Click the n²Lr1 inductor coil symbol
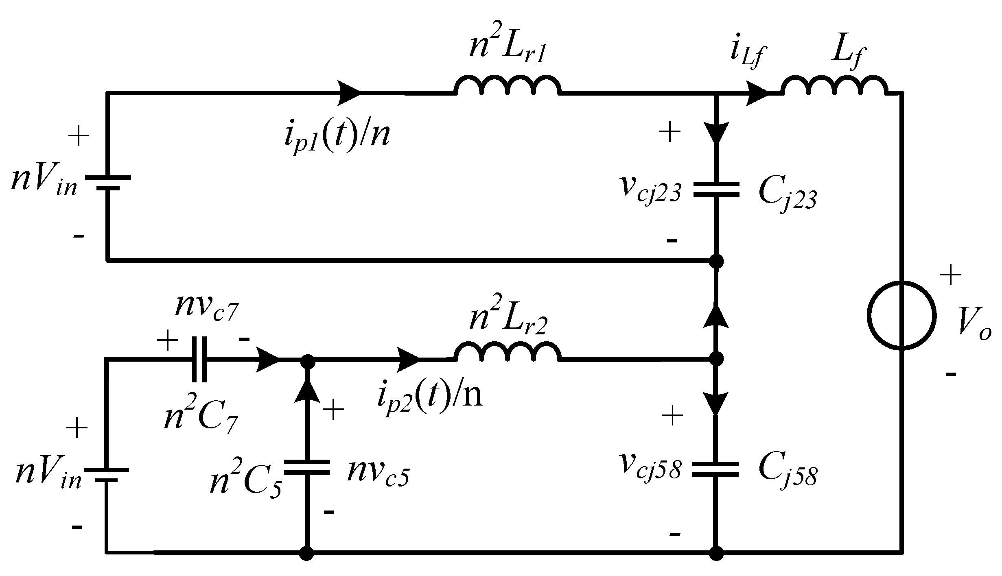pos(508,86)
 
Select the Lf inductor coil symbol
pos(834,86)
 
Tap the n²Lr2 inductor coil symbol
pos(508,352)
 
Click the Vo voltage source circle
pos(901,315)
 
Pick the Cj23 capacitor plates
pos(716,190)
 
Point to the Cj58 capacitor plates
pos(716,469)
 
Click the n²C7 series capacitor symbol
pos(199,359)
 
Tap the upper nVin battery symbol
pos(108,183)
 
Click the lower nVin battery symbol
pos(107,475)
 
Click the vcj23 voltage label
pos(650,190)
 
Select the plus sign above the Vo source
pos(951,275)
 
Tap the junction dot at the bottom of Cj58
pos(716,553)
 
